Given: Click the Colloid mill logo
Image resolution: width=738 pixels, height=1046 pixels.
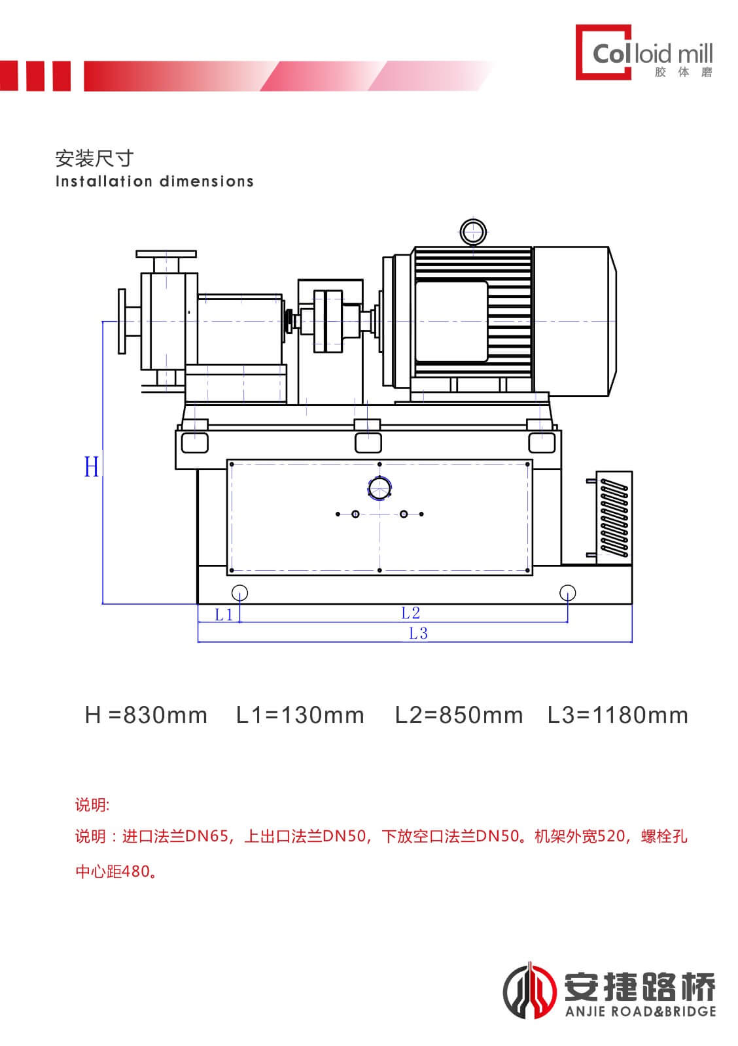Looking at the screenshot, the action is [x=644, y=52].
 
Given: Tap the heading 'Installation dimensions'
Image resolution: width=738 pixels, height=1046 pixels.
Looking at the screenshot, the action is [x=154, y=181].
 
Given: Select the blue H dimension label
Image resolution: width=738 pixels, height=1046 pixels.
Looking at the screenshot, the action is [x=92, y=466].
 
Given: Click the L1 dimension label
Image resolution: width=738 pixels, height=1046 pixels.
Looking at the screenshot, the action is [x=224, y=615].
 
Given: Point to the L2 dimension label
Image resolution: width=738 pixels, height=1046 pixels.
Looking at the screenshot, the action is [x=410, y=613].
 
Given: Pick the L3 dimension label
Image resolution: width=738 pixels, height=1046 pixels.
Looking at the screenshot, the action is [x=418, y=633].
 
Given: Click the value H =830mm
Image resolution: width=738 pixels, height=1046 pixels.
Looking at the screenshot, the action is [x=146, y=715].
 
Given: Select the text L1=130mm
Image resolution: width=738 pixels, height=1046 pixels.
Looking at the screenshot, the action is [x=300, y=715].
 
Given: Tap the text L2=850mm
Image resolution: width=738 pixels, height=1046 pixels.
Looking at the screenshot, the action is [x=459, y=715].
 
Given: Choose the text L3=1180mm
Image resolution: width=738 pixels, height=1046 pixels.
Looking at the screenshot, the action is [x=618, y=715].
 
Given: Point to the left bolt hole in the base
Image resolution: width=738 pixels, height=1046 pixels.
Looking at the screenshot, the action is [x=239, y=593].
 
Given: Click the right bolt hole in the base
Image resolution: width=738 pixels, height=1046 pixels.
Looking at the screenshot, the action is [x=567, y=593].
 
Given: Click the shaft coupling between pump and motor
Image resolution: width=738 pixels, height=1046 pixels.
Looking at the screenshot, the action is [x=328, y=321].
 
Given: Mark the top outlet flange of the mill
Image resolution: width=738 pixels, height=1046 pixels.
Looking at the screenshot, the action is [x=166, y=254].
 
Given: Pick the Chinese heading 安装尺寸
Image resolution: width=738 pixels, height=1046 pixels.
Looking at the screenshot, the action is [x=94, y=158].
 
